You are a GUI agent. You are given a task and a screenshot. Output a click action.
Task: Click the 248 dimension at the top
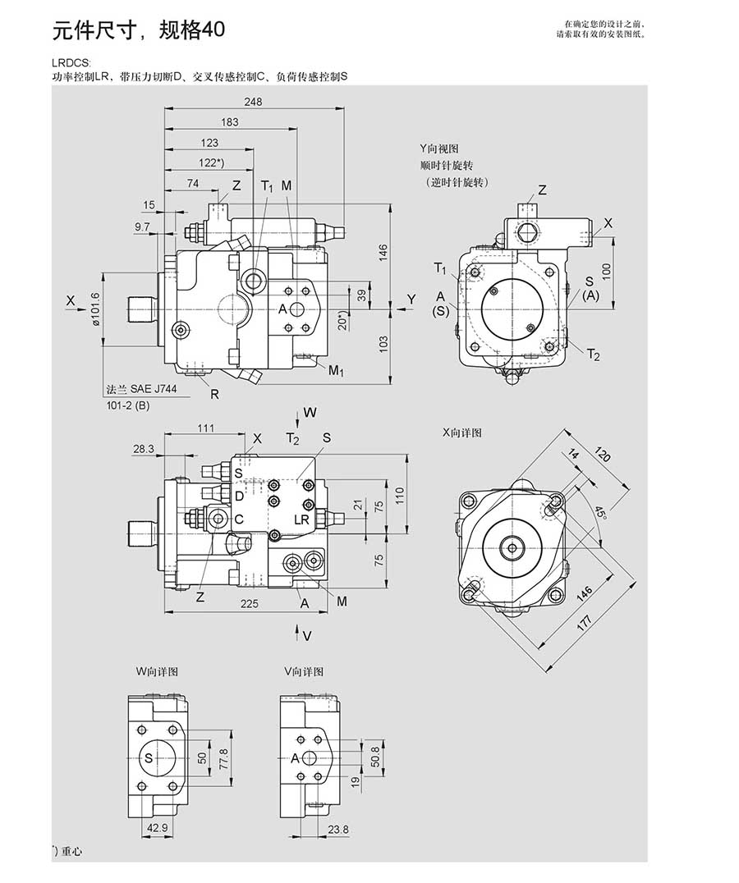[x=253, y=102]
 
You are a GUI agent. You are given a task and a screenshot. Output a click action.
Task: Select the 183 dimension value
[x=230, y=122]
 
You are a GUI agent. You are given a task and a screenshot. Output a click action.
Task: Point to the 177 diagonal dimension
[x=584, y=620]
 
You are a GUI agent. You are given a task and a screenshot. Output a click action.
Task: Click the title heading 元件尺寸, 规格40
[x=138, y=31]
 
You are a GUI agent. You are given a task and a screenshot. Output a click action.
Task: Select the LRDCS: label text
[x=69, y=62]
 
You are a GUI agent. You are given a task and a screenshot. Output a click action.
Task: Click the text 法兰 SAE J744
[x=141, y=391]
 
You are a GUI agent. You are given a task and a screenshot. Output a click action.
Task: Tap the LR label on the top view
[x=301, y=519]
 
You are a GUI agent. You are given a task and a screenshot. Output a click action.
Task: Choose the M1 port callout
[x=337, y=370]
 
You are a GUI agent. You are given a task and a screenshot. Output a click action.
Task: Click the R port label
[x=214, y=394]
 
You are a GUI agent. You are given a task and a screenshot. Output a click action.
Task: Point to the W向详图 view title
[x=157, y=671]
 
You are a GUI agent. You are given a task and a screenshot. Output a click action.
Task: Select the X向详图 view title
[x=461, y=432]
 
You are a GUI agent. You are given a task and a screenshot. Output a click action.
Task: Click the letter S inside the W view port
[x=149, y=757]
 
